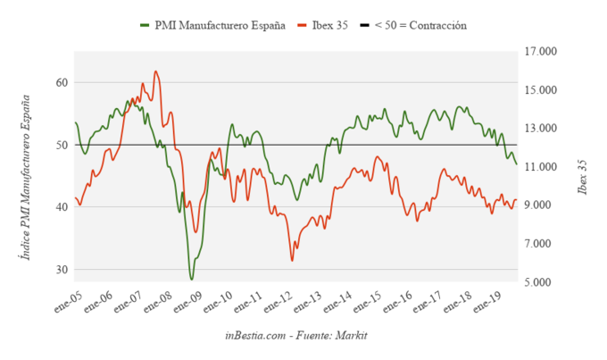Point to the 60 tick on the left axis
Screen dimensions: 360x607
62,82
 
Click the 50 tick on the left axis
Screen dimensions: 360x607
62,145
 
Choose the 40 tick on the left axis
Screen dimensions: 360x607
62,207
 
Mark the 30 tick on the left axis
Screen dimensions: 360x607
62,270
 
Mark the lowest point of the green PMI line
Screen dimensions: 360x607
191,280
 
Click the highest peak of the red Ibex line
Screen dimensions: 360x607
155,71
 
